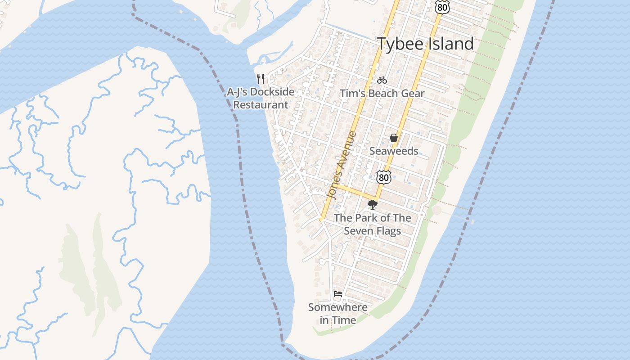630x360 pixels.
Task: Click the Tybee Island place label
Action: coord(425,44)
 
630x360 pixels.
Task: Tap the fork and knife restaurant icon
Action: coord(260,79)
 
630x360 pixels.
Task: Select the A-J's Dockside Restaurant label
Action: coord(261,98)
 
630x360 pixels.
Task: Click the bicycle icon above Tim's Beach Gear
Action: coord(382,80)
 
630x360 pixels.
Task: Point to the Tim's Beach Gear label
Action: coord(382,94)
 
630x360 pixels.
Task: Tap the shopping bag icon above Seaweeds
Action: coord(394,138)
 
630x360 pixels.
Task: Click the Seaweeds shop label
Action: coord(394,151)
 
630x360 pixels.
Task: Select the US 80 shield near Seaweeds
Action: coord(383,177)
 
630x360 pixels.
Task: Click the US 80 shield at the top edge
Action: coord(442,6)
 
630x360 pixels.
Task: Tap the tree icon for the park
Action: coord(372,205)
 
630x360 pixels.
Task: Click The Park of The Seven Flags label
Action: coord(372,225)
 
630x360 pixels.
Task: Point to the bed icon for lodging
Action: coord(338,294)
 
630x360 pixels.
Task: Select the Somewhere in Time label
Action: coord(337,314)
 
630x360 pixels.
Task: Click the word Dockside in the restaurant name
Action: coord(272,92)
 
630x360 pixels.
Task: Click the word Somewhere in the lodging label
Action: coord(337,308)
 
